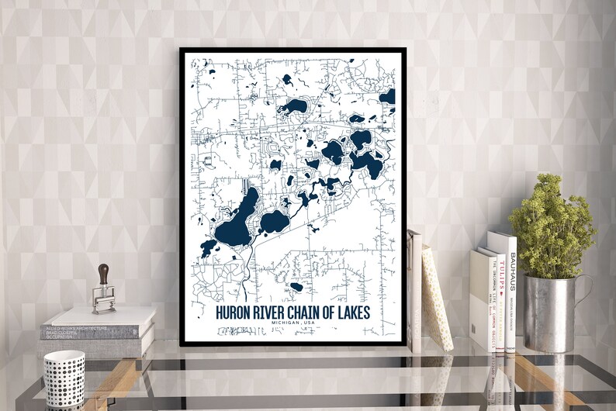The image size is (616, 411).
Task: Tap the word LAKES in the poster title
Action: (351, 313)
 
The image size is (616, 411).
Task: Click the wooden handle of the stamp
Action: (103, 274)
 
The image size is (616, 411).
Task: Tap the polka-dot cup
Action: (64, 378)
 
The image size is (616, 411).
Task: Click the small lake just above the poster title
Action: (296, 287)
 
